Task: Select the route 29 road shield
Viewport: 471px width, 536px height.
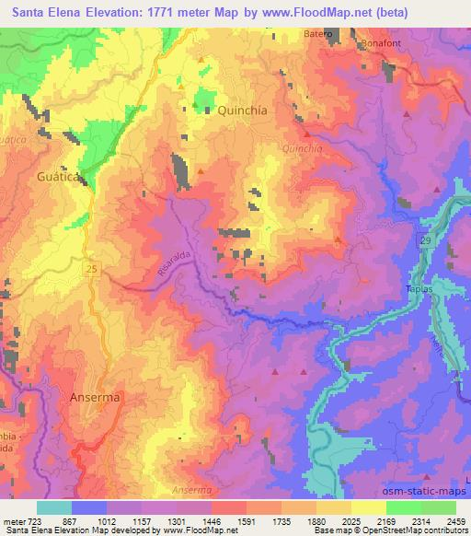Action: [424, 239]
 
